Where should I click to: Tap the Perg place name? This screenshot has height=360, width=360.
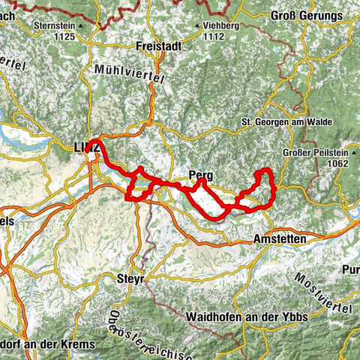click(x=201, y=175)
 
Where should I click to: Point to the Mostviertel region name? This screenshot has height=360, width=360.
click(x=329, y=289)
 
